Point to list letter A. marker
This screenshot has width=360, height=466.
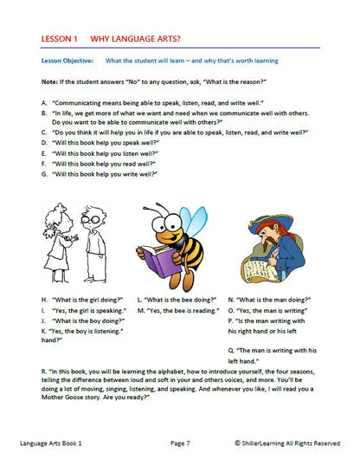44,101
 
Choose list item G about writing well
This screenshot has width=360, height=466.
100,173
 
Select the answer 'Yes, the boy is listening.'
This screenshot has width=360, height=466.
87,331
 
